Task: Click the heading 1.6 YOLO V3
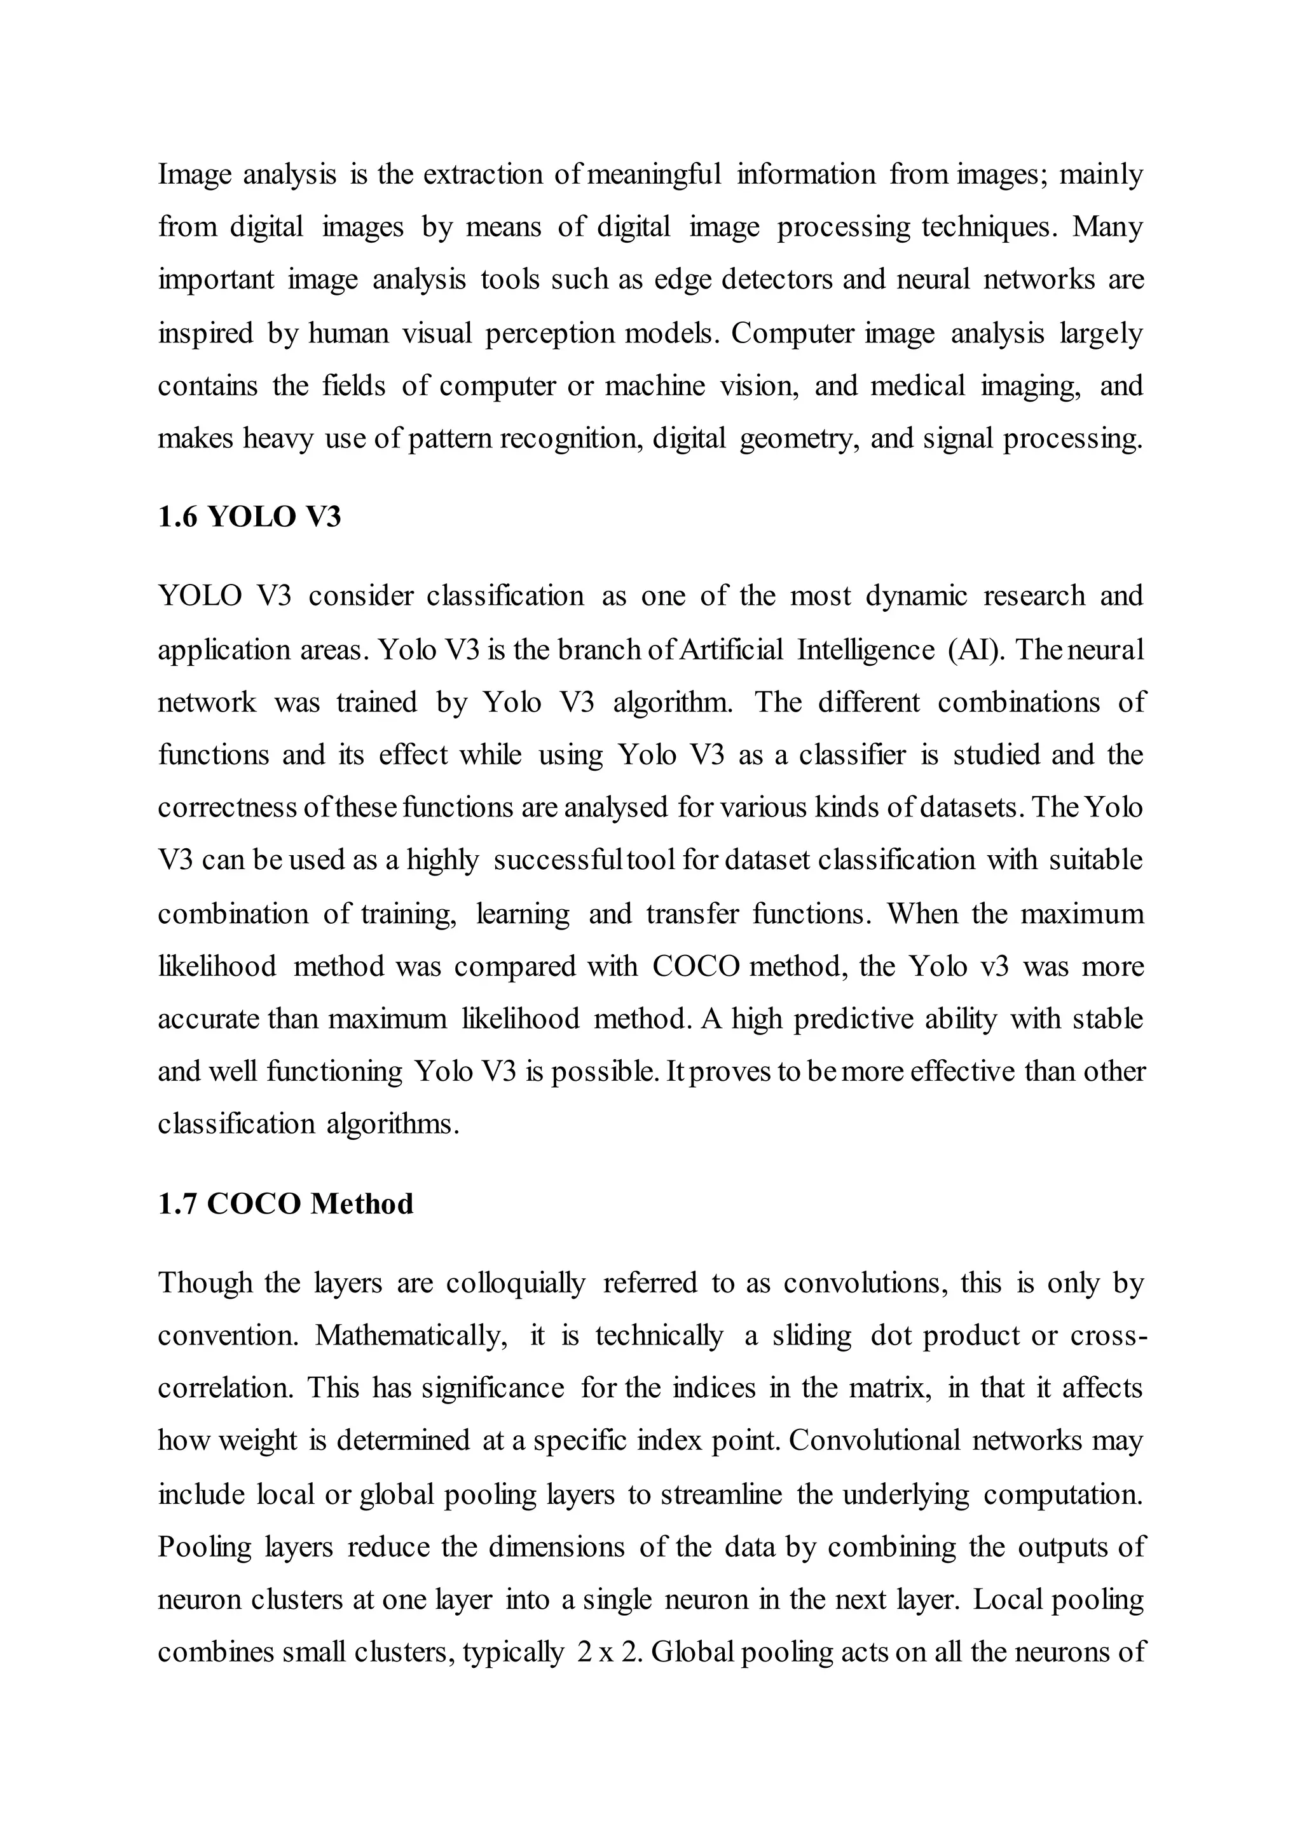tap(249, 517)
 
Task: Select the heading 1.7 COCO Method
tap(285, 1204)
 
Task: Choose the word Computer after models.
tap(792, 332)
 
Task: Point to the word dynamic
tap(916, 596)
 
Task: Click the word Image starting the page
tap(194, 174)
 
